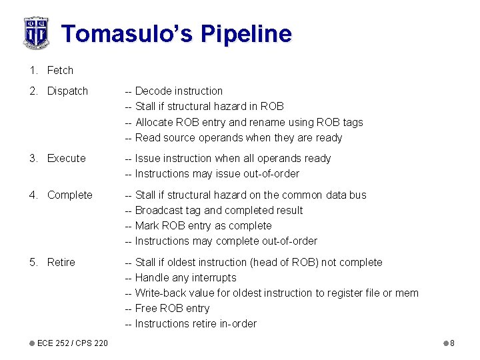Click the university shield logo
click(x=35, y=32)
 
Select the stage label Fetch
click(x=60, y=70)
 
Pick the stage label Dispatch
click(x=67, y=91)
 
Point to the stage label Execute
click(x=66, y=158)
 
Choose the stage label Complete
click(x=69, y=195)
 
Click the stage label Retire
click(x=61, y=262)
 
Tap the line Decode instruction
click(x=179, y=91)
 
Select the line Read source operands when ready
click(x=238, y=137)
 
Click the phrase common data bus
click(x=324, y=195)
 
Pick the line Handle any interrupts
click(x=185, y=277)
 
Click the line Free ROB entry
click(x=172, y=308)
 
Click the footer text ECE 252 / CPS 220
click(x=72, y=343)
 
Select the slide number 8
click(x=452, y=343)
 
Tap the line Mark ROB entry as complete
click(x=203, y=225)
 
